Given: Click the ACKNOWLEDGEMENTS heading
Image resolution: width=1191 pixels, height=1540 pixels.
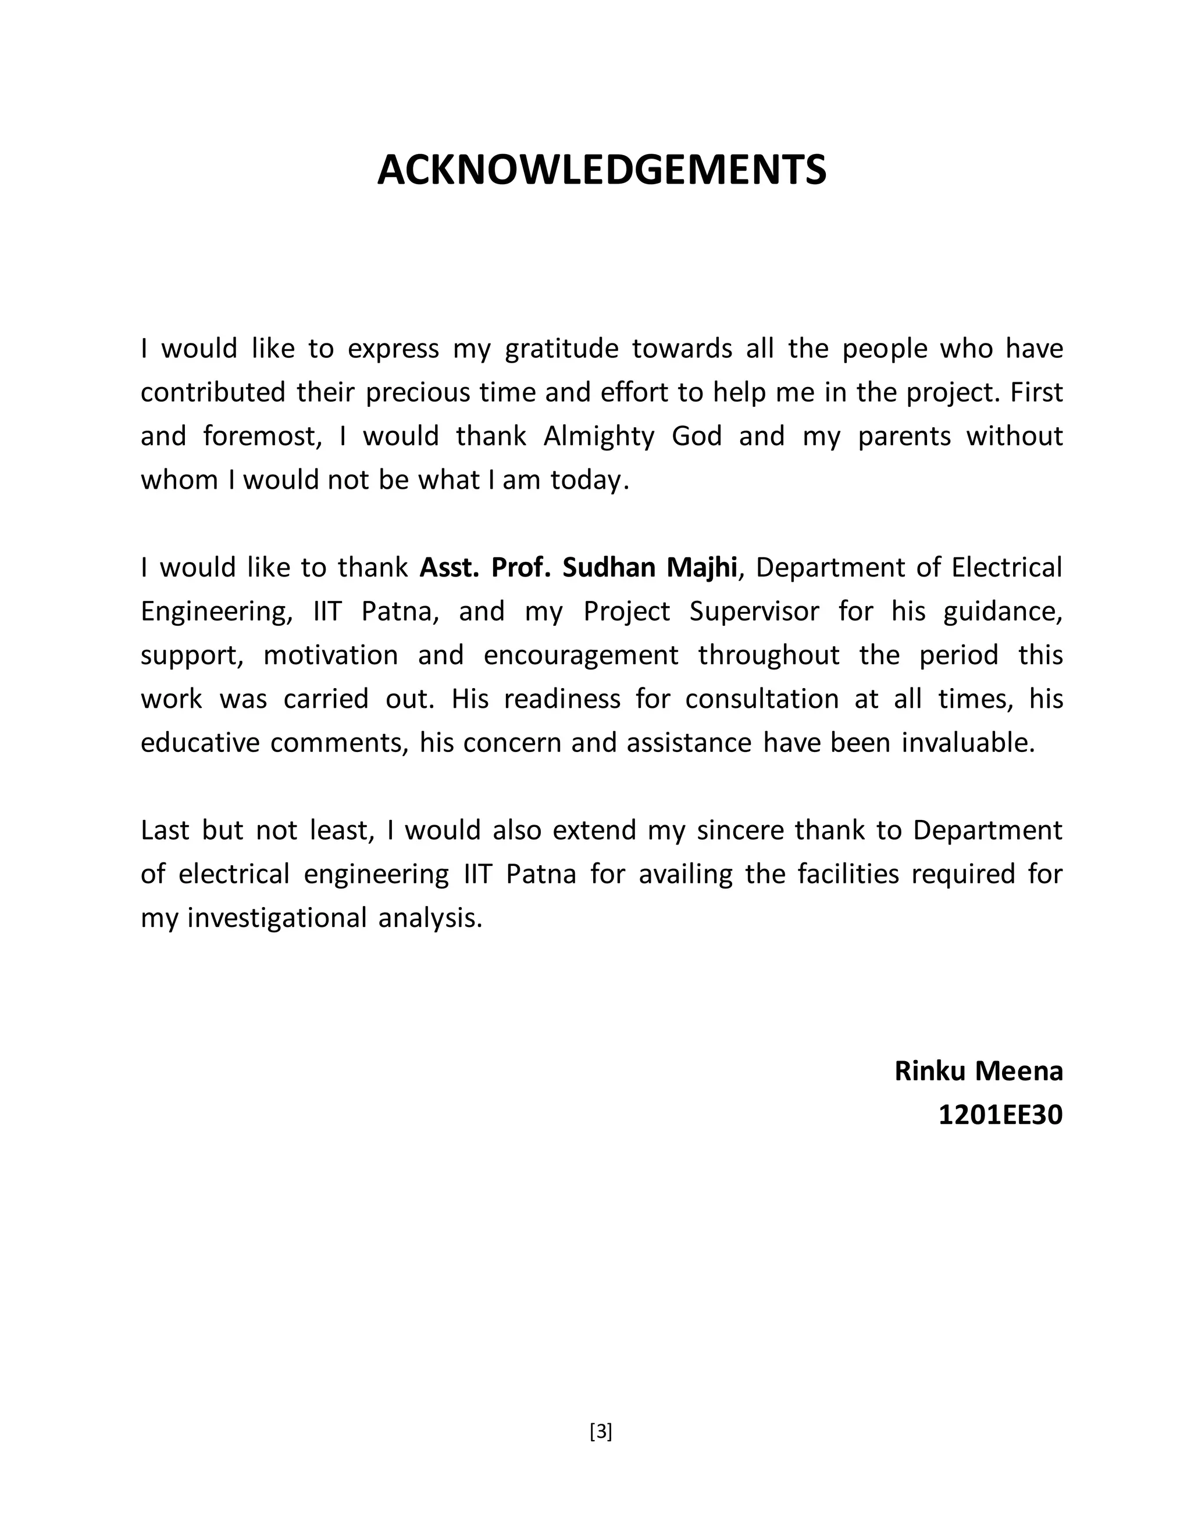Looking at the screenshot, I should click(601, 171).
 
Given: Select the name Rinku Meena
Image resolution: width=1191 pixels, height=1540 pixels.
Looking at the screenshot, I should click(978, 1070).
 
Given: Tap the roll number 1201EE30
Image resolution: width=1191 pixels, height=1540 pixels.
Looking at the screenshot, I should click(1000, 1115).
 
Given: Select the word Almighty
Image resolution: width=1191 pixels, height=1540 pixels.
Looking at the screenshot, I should click(598, 436).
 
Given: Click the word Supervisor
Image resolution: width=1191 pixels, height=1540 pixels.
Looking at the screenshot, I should click(754, 611).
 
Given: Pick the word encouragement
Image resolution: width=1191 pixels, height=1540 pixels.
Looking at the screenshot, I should click(581, 655).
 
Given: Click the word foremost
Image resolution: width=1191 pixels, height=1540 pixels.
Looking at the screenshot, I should click(262, 436).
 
